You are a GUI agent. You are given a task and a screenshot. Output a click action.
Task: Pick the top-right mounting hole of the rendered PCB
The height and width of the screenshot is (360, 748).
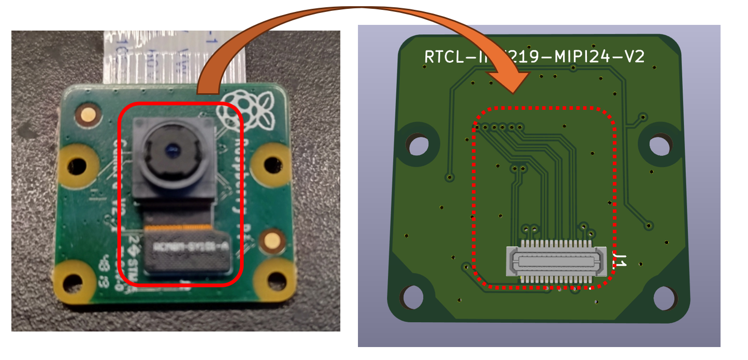click(x=659, y=145)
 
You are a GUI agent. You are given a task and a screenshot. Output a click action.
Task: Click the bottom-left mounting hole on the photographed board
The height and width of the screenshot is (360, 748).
click(x=72, y=282)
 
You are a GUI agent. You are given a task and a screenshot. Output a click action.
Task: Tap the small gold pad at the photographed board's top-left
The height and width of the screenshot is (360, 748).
click(x=85, y=114)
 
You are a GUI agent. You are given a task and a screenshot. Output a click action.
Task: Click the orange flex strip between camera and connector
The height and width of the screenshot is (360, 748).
click(x=179, y=227)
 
